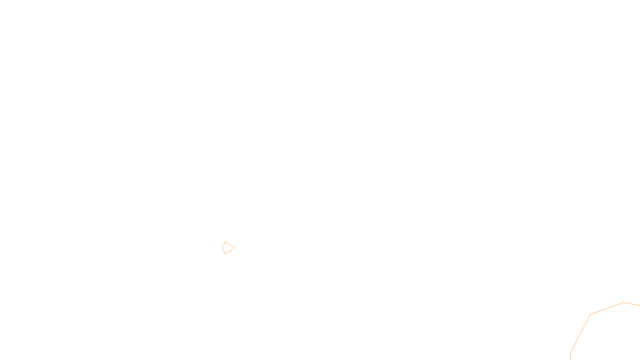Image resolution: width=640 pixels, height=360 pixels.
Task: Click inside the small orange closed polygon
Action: [228, 248]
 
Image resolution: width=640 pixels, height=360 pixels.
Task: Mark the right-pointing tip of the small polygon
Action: [235, 248]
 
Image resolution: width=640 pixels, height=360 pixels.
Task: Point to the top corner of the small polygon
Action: [226, 242]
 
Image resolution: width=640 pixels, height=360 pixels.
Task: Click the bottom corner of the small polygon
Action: [225, 254]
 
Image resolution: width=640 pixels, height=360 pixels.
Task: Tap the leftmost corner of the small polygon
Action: [222, 248]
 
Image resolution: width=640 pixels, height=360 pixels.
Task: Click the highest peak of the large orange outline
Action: [623, 303]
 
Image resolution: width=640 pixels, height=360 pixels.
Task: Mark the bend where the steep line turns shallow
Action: [590, 315]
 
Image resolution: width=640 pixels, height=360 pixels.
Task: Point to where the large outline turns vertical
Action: [570, 352]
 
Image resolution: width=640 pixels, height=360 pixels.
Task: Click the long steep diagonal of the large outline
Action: [580, 333]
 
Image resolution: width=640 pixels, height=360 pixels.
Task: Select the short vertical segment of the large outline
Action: [570, 356]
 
